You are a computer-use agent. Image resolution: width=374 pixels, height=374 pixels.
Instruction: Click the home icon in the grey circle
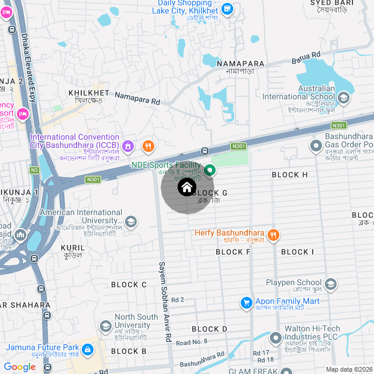(x=187, y=188)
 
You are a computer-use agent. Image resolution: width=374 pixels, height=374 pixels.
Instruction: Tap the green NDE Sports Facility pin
(x=211, y=170)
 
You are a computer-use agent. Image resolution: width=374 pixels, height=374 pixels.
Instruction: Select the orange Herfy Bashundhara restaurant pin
(x=274, y=235)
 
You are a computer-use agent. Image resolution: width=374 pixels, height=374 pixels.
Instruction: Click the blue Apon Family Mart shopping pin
(x=247, y=303)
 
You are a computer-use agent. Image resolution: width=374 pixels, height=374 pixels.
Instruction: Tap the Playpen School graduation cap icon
(x=331, y=285)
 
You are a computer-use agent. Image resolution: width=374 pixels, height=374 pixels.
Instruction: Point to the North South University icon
(x=106, y=325)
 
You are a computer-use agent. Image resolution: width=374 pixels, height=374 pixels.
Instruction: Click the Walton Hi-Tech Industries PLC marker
(x=276, y=338)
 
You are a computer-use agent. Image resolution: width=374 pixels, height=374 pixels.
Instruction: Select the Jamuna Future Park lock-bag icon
(x=88, y=349)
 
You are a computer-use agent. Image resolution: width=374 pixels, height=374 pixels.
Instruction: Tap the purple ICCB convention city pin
(x=129, y=145)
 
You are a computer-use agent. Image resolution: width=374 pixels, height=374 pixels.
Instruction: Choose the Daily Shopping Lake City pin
(x=227, y=8)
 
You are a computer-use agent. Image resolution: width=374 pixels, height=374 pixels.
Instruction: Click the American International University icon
(x=131, y=221)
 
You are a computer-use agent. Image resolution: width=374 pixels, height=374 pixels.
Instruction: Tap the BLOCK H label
(x=290, y=175)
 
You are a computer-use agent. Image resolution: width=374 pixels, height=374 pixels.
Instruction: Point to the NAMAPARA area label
(x=240, y=63)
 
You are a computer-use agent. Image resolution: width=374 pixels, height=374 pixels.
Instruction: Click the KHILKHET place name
(x=89, y=93)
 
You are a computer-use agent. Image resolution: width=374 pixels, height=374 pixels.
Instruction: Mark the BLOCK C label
(x=129, y=285)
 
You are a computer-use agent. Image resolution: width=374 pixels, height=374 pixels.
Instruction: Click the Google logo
(x=19, y=367)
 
